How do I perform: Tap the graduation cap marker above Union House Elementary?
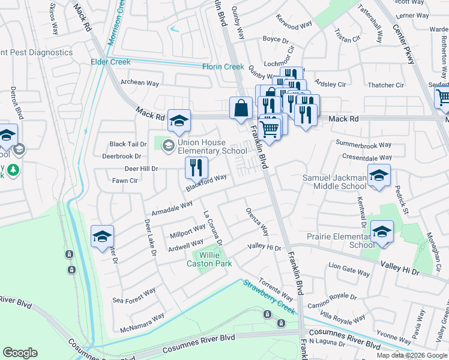pos(179,122)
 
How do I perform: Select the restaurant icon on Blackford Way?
pos(196,169)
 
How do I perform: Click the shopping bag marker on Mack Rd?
pos(241,109)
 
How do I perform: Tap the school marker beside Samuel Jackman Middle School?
pos(379,176)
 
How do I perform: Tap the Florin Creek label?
pos(223,67)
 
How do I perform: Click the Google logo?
pos(20,353)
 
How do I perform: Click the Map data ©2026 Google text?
pos(412,355)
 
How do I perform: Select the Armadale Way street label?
pos(172,208)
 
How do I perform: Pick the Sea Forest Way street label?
pos(134,295)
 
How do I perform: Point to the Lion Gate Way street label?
pos(349,269)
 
